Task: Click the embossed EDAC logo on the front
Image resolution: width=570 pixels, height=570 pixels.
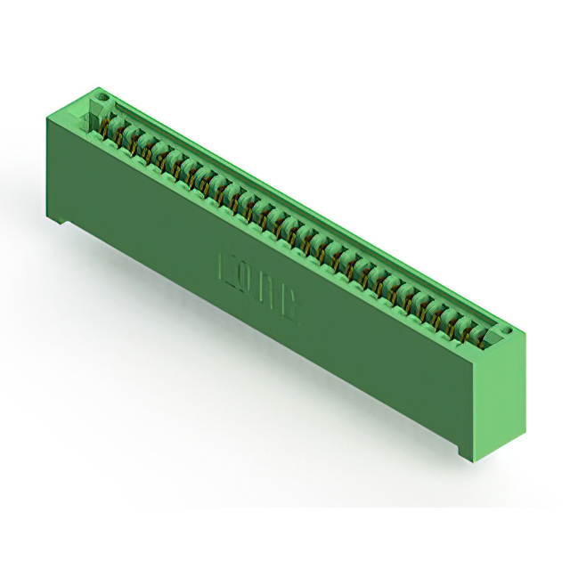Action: pos(259,284)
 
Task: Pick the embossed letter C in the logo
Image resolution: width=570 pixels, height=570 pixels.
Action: pos(291,304)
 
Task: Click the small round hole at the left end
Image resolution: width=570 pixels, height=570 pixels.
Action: pos(102,95)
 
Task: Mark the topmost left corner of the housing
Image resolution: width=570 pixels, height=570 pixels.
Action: pos(101,86)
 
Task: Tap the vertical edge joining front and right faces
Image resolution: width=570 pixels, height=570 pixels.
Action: pos(481,401)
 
